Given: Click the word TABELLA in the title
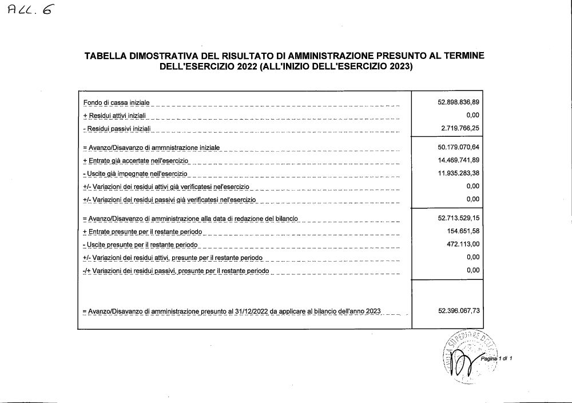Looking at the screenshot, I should click(105, 56).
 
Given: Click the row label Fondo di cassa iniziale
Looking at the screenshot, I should click(116, 102).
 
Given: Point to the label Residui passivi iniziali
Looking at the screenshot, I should click(117, 129).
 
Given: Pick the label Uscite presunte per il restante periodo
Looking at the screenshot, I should click(140, 245).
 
